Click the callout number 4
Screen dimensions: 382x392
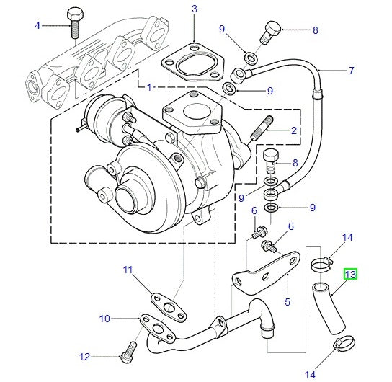click(x=37, y=26)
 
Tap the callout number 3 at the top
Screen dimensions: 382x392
click(x=194, y=9)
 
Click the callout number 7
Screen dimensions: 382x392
click(x=352, y=71)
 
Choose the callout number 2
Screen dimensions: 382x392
click(x=294, y=130)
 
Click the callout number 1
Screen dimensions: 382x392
click(x=148, y=87)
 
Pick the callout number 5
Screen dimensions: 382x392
click(x=287, y=301)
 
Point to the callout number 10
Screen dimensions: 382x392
click(x=105, y=318)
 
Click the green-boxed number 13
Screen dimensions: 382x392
click(x=350, y=275)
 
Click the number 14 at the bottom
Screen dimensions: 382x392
click(x=311, y=374)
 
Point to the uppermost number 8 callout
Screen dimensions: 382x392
click(x=314, y=30)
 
